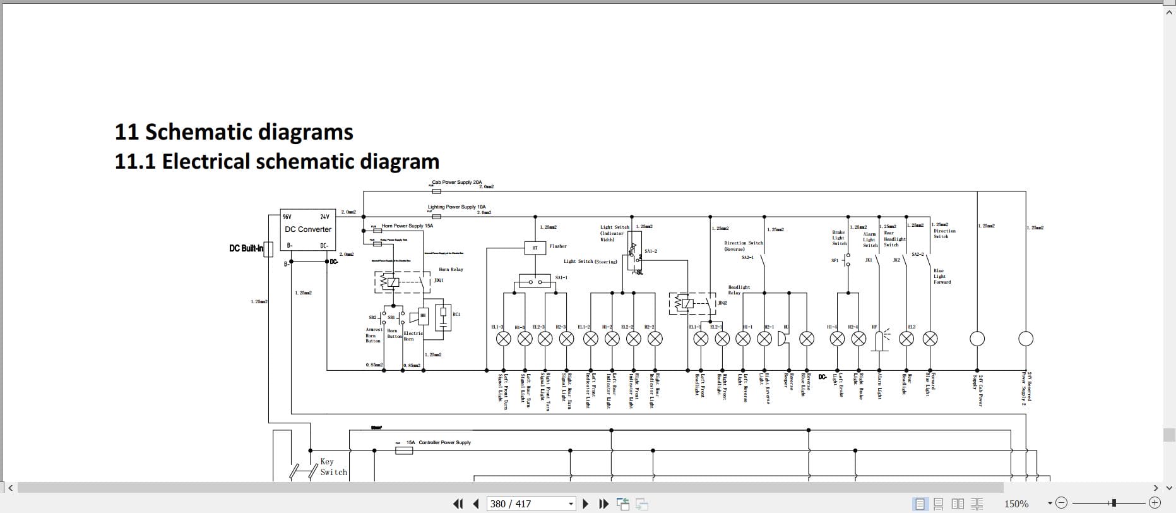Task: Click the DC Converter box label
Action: pyautogui.click(x=307, y=229)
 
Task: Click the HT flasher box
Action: pyautogui.click(x=535, y=248)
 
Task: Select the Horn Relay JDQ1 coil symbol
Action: pyautogui.click(x=393, y=282)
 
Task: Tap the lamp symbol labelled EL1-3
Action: pyautogui.click(x=504, y=339)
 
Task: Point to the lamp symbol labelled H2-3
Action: pyautogui.click(x=566, y=339)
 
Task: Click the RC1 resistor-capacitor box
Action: pyautogui.click(x=443, y=317)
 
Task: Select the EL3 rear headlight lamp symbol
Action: pyautogui.click(x=906, y=339)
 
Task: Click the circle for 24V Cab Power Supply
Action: pyautogui.click(x=977, y=339)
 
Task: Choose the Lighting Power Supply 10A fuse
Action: pyautogui.click(x=436, y=216)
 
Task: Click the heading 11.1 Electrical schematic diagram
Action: pyautogui.click(x=276, y=162)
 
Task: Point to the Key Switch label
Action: pyautogui.click(x=333, y=467)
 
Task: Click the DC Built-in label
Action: pyautogui.click(x=246, y=248)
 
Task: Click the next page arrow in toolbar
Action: pyautogui.click(x=585, y=504)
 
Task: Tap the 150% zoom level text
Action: pyautogui.click(x=1016, y=504)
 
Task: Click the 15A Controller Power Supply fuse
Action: pyautogui.click(x=404, y=450)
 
